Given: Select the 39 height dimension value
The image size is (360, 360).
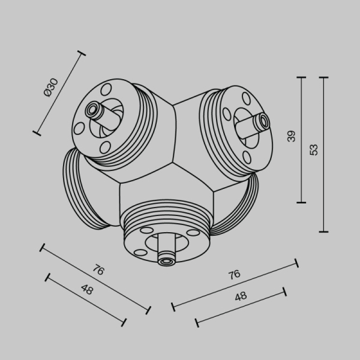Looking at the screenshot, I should click(292, 136).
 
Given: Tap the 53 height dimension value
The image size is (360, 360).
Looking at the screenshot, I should click(314, 149).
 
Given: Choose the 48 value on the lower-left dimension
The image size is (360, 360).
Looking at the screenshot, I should click(86, 290).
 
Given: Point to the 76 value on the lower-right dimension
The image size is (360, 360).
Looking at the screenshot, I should click(234, 274).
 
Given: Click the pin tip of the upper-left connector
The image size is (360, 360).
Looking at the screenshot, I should click(93, 109).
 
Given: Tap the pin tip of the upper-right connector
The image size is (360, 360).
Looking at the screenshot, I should click(262, 122).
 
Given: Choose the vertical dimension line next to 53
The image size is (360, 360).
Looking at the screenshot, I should click(324, 154).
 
